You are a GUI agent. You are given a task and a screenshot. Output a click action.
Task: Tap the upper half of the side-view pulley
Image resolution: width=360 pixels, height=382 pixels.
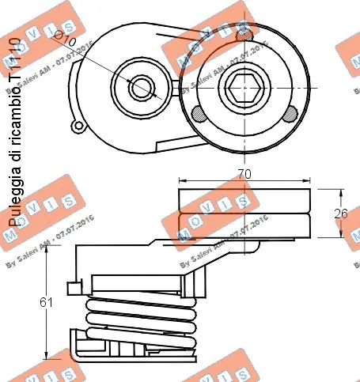tap(245, 202)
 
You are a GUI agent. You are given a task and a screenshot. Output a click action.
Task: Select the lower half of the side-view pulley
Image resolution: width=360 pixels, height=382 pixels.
tap(245, 225)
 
